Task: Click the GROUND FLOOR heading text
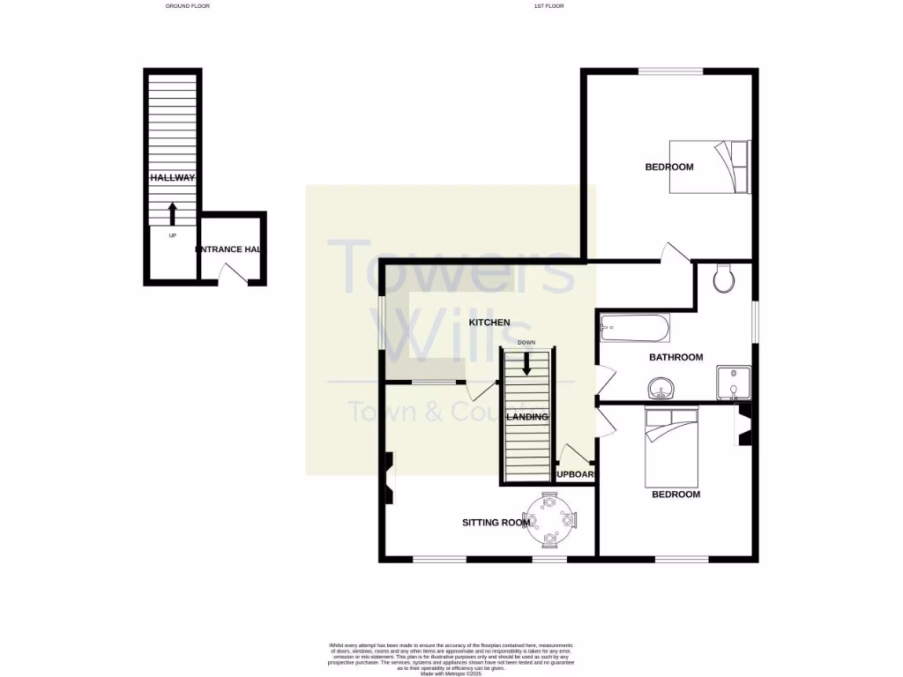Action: pos(188,6)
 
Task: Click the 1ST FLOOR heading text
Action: pos(549,6)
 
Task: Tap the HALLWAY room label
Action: pos(171,177)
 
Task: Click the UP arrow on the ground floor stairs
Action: pos(172,213)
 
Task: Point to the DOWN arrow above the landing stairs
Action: pos(526,362)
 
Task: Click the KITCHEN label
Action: pos(489,323)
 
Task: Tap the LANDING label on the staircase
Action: pos(527,417)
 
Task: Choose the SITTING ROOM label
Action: pos(496,522)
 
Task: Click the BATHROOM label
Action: pos(675,357)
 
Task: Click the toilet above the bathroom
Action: pos(723,279)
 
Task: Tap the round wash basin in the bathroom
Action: pos(662,388)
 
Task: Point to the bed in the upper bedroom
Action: pos(708,167)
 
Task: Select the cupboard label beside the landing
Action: pos(575,475)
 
